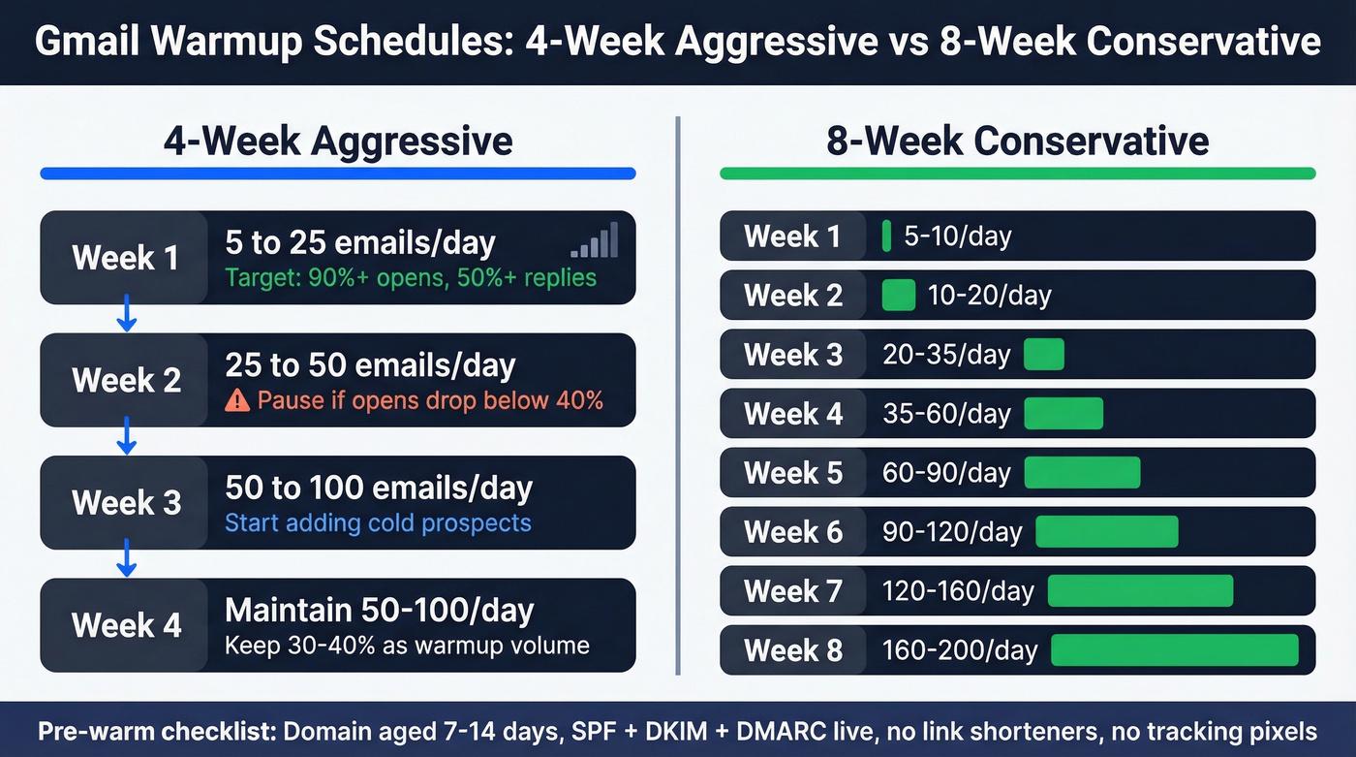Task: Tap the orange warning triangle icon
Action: point(237,399)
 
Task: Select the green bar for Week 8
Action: point(1174,650)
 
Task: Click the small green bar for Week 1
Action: point(886,237)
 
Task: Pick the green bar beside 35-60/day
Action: point(1063,414)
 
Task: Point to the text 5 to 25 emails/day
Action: point(360,242)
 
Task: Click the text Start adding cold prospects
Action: point(378,523)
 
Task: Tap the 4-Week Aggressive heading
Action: point(338,142)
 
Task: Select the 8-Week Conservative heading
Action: point(1017,142)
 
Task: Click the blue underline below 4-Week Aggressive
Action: point(338,173)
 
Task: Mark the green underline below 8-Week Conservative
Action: point(1017,173)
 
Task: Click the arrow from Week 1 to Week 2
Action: point(125,317)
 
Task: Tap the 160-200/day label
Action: point(959,650)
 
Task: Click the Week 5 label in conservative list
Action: point(793,473)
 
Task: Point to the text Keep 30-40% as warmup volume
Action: point(407,646)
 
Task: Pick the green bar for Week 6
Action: point(1107,532)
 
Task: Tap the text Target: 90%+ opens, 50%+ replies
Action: point(411,278)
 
